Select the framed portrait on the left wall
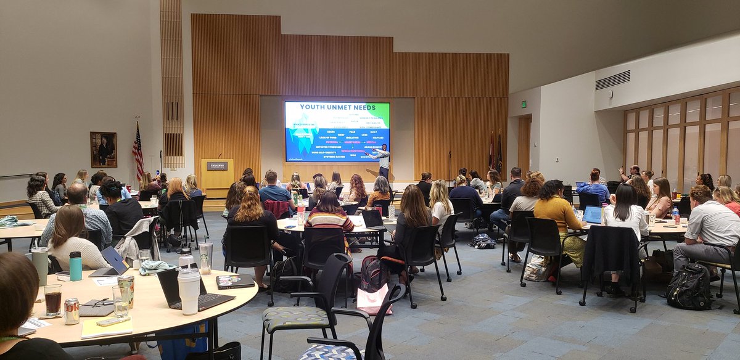[x=103, y=149]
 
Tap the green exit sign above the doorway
[x=524, y=104]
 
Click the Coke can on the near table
[x=72, y=311]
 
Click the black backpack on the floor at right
[x=689, y=287]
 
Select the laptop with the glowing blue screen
[x=593, y=215]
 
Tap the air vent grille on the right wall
[x=612, y=80]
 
